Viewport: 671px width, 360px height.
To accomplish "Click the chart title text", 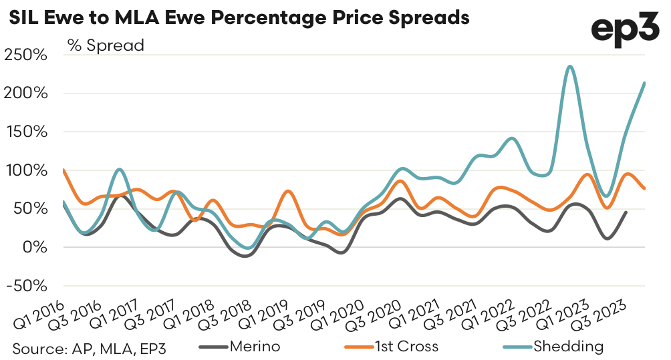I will (239, 17).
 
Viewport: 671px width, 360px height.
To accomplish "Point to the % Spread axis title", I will (106, 45).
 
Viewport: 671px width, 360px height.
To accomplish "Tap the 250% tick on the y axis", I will (25, 55).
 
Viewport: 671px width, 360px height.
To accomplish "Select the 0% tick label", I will (33, 247).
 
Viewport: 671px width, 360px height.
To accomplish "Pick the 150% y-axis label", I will (25, 132).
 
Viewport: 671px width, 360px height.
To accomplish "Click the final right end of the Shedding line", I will (644, 83).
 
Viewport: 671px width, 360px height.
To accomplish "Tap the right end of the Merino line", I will (626, 212).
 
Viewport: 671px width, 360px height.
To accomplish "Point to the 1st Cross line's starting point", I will (63, 170).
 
